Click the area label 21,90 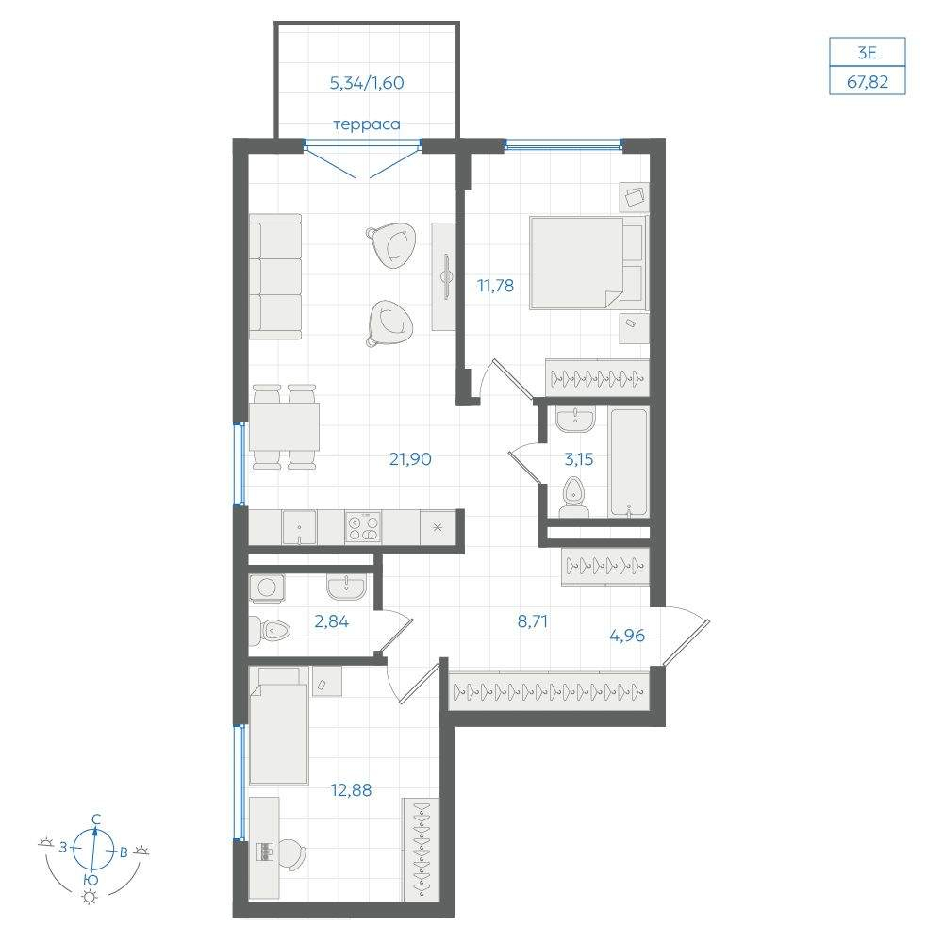(410, 459)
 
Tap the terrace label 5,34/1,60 (367, 83)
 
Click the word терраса (367, 124)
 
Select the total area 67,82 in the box (868, 81)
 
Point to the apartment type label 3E (868, 53)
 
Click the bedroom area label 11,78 (496, 286)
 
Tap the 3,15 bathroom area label (579, 459)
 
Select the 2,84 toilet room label (331, 621)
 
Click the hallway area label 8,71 (532, 621)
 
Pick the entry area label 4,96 (627, 635)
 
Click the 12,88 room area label (351, 789)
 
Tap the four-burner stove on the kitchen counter (363, 527)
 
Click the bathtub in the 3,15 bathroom (629, 462)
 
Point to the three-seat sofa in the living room (274, 276)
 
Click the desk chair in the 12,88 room (292, 854)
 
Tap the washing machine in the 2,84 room (267, 586)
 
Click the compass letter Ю (91, 879)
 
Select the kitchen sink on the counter (300, 527)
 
